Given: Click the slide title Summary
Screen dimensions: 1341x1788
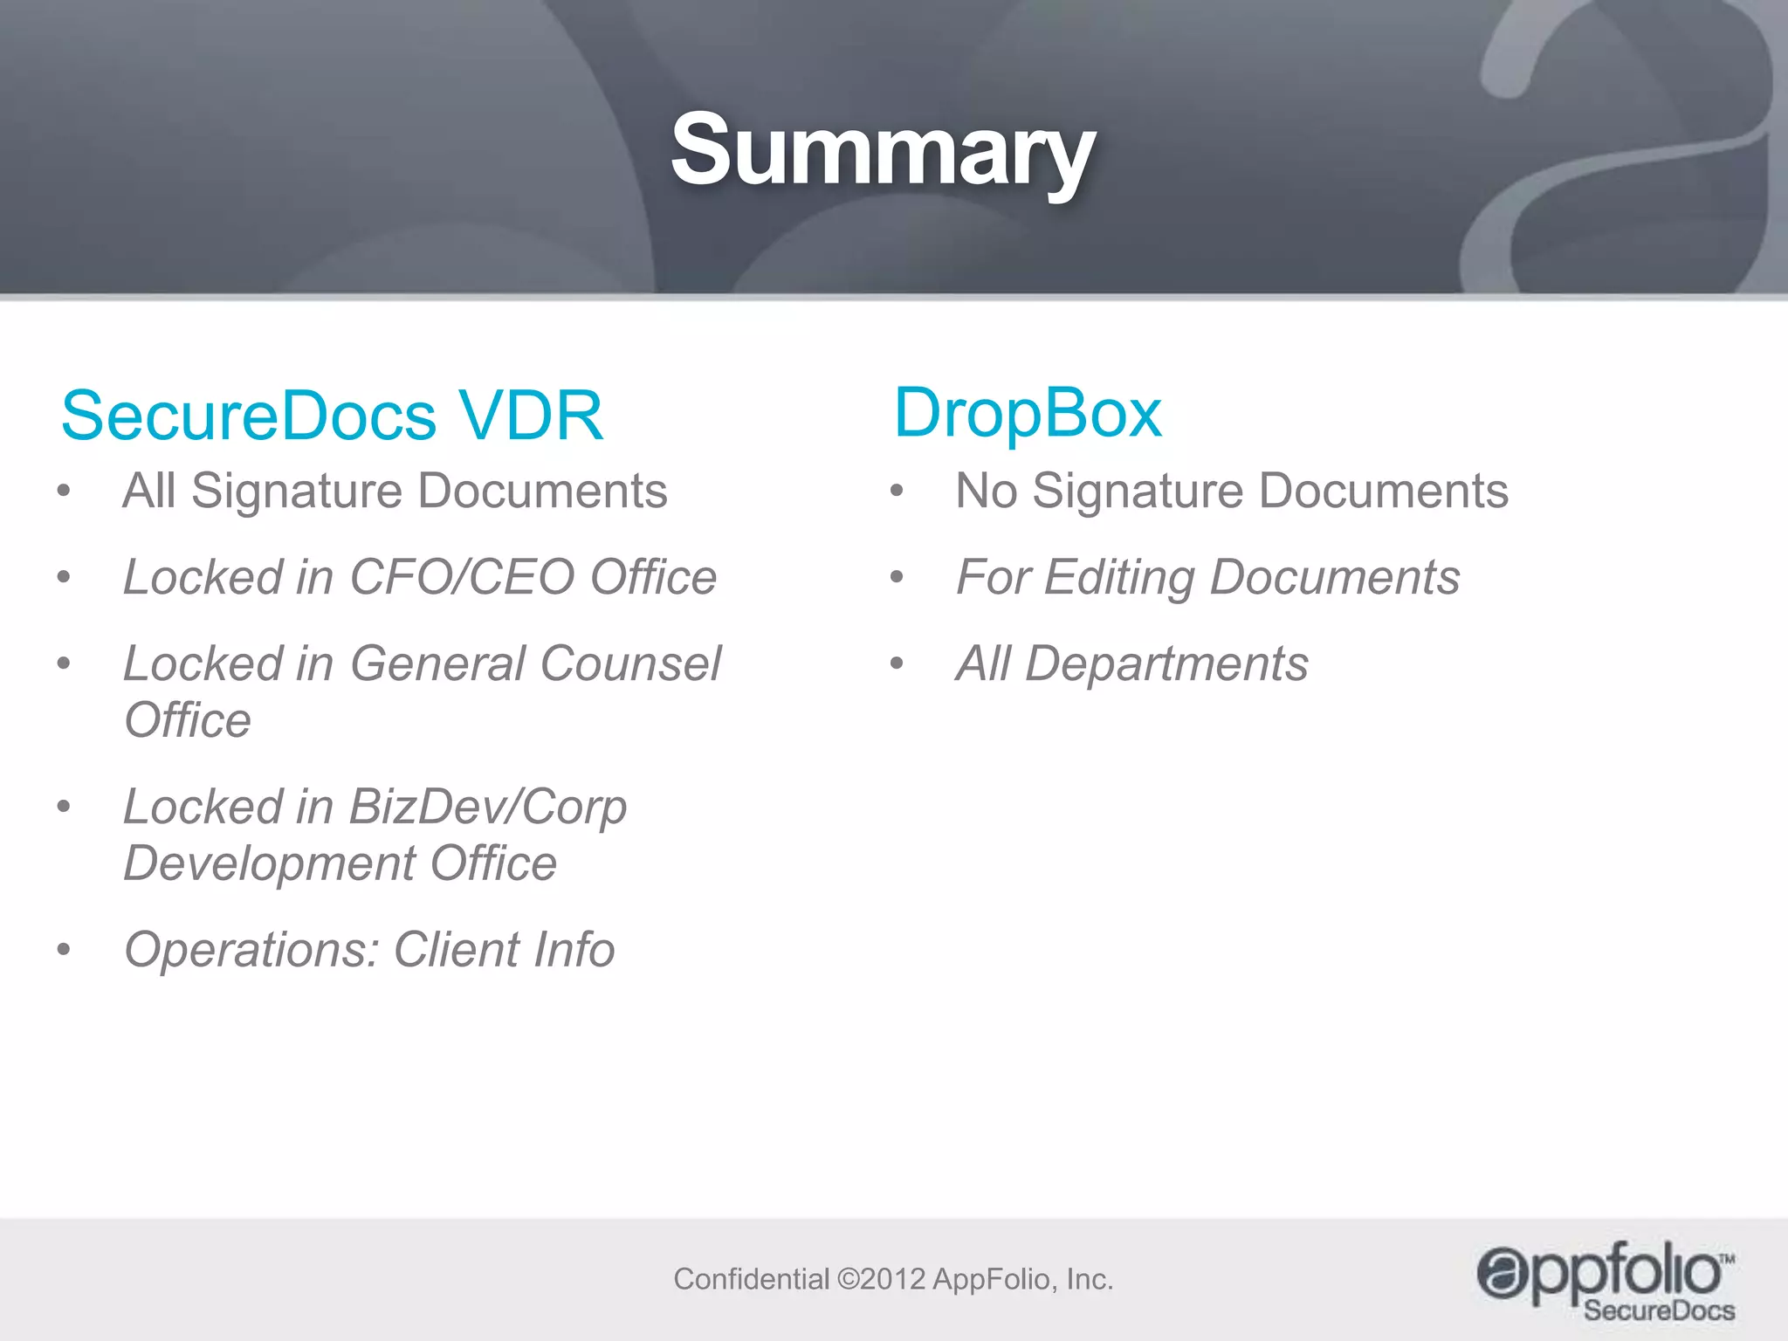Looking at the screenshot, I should click(x=883, y=151).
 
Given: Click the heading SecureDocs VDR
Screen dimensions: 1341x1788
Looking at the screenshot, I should click(x=332, y=416).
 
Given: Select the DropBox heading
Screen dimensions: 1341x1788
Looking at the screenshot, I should click(x=1028, y=412).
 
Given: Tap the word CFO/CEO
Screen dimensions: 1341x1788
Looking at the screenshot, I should click(x=462, y=577).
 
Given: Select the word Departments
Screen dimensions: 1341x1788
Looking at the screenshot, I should click(x=1166, y=664).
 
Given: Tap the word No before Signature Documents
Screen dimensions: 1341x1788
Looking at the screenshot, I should click(x=987, y=491).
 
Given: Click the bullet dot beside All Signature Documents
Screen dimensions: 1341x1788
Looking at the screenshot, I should click(x=64, y=491).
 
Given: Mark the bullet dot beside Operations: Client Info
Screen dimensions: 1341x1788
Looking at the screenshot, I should click(x=64, y=950).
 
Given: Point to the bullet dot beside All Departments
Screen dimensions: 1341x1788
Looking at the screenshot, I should click(x=897, y=664).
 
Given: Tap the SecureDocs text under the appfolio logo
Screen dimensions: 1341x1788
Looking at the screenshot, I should click(x=1659, y=1310).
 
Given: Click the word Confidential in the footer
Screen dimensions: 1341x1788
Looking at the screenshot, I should click(x=751, y=1279).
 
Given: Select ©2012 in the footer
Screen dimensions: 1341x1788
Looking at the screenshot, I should click(x=881, y=1279).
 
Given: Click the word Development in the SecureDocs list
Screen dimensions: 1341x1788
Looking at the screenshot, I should click(x=269, y=863).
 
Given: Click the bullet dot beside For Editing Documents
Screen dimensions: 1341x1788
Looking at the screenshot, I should click(x=897, y=577).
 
